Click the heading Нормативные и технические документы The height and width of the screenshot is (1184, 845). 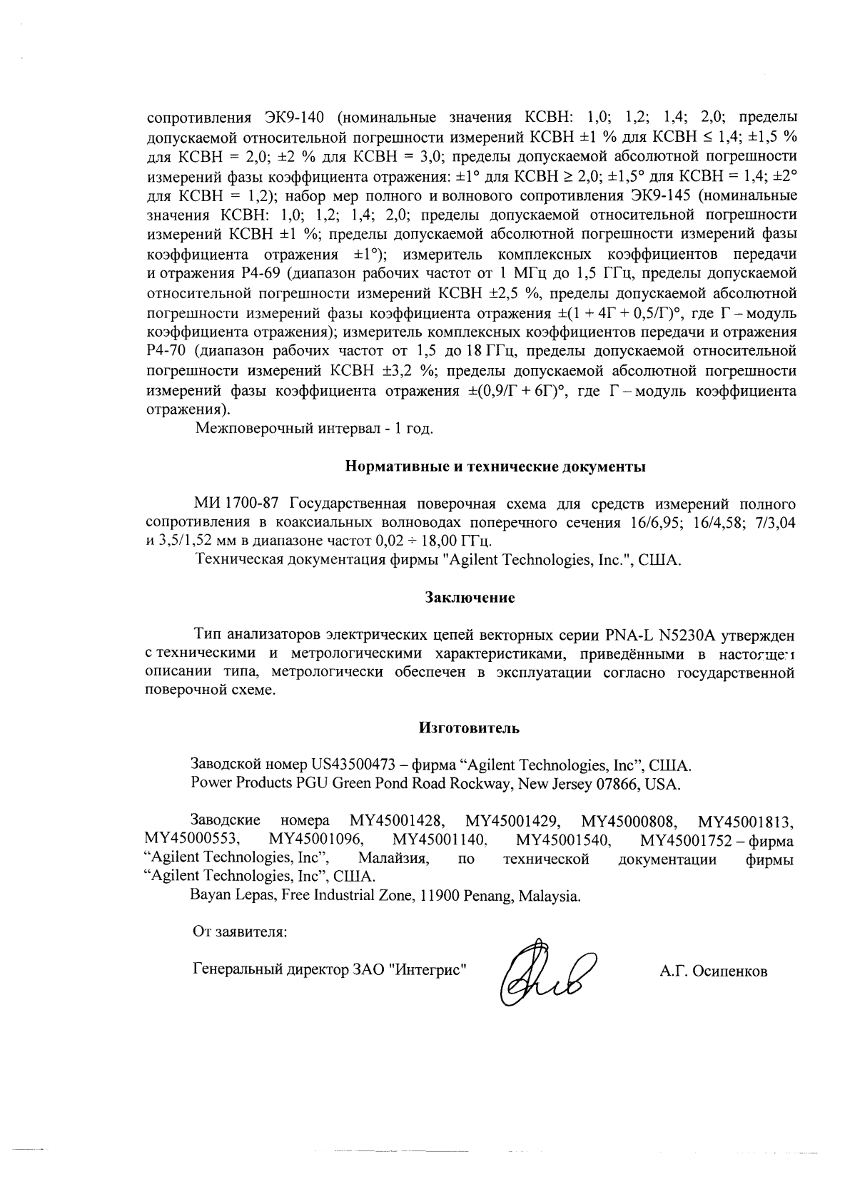[495, 467]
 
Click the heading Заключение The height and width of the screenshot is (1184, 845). [470, 597]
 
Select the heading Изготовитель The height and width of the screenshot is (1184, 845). [469, 728]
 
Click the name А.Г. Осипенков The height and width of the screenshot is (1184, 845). [714, 971]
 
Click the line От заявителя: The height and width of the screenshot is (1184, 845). [240, 932]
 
